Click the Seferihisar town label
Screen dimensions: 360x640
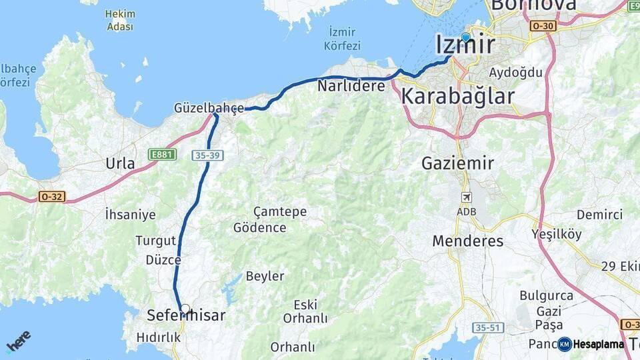click(x=185, y=316)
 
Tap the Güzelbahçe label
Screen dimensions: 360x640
click(x=209, y=107)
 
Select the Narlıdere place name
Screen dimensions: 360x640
click(x=351, y=86)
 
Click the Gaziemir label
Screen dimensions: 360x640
click(x=457, y=163)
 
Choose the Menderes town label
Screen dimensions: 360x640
click(x=468, y=241)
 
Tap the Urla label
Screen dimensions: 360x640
click(x=120, y=163)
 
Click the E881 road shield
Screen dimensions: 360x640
click(x=162, y=154)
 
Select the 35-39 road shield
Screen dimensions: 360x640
click(x=207, y=155)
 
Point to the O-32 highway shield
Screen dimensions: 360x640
click(x=52, y=197)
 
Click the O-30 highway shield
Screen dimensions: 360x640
click(x=543, y=25)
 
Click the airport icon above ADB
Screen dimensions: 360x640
click(x=467, y=197)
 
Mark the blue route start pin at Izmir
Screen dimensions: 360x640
click(x=465, y=37)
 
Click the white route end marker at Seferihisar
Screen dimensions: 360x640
click(x=185, y=309)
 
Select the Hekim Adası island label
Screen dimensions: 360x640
click(x=120, y=20)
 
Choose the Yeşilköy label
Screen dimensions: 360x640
click(x=557, y=234)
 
